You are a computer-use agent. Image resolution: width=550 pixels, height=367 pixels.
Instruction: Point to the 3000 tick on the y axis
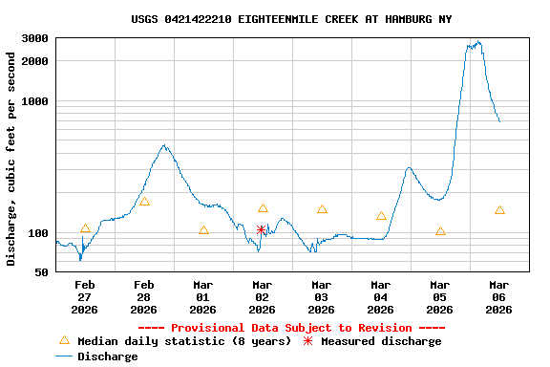click(x=36, y=38)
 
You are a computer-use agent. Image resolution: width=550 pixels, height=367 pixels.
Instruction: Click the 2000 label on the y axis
click(x=36, y=61)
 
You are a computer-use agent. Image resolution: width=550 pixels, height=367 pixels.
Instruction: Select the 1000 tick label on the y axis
click(x=36, y=101)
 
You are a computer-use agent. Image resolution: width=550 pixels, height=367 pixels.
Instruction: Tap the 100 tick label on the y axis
click(x=39, y=233)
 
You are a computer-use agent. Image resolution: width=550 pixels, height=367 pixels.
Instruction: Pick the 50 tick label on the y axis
click(x=42, y=273)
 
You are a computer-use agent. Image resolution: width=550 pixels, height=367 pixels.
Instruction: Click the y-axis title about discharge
click(x=11, y=159)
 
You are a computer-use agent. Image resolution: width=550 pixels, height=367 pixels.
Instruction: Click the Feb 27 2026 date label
click(x=85, y=296)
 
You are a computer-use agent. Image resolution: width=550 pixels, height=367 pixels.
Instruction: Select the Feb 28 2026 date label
click(x=144, y=296)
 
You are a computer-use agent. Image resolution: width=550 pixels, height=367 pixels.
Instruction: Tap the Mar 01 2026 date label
click(x=203, y=296)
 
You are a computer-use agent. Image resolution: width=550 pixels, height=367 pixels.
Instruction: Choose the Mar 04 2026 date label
click(x=381, y=296)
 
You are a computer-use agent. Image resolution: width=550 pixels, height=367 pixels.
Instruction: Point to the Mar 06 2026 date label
click(x=499, y=296)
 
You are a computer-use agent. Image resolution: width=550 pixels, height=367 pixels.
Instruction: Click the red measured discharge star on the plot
click(x=262, y=229)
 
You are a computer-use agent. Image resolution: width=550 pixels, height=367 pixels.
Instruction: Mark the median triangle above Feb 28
click(x=144, y=202)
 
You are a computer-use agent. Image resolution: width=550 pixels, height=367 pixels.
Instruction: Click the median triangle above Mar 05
click(x=440, y=230)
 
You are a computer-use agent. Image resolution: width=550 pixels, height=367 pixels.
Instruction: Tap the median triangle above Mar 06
click(x=499, y=209)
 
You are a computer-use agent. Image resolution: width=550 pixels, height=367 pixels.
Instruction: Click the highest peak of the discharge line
click(x=477, y=42)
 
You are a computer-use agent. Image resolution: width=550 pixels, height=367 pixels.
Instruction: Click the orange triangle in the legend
click(x=65, y=340)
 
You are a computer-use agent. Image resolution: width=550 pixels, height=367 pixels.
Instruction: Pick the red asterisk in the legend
click(x=307, y=341)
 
